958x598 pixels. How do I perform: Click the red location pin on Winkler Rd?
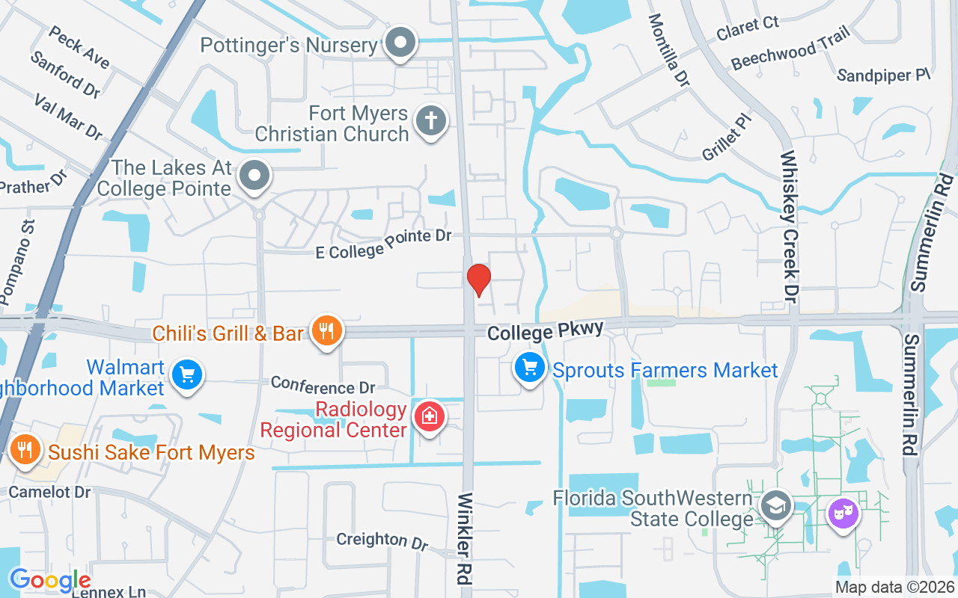point(478,280)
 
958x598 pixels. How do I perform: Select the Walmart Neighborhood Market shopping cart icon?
point(186,374)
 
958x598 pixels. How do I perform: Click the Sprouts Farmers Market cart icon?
point(530,368)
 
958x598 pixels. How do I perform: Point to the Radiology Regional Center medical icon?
point(430,416)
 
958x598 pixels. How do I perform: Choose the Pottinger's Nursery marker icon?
point(401,43)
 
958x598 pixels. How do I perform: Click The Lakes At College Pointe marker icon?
point(254,177)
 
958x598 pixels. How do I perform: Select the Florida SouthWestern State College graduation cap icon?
point(776,506)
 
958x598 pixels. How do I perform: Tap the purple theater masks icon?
point(843,514)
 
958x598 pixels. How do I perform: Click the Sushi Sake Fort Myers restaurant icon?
point(26,450)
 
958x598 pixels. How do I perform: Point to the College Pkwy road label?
point(545,330)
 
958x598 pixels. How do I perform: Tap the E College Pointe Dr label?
point(383,244)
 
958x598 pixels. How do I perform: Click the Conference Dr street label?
point(323,385)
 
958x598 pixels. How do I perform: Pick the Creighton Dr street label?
point(382,540)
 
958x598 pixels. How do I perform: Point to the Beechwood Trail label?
point(791,47)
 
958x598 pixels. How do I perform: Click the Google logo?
point(49,580)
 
